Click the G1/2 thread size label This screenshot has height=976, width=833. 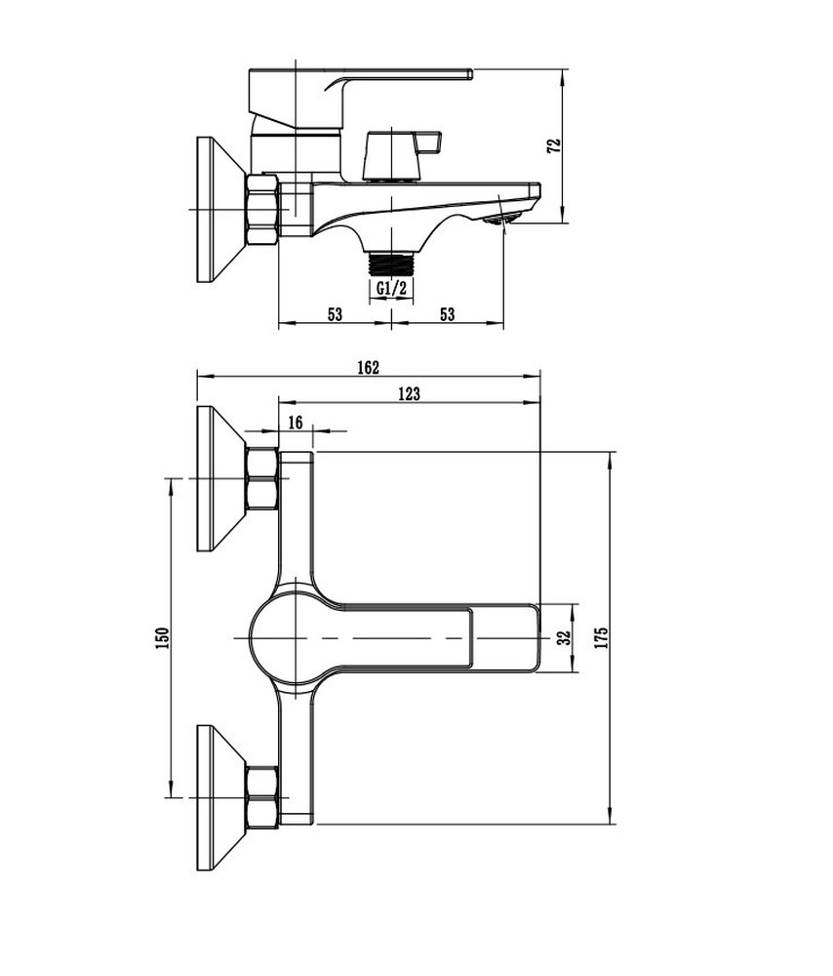tap(392, 288)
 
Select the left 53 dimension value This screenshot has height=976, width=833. tap(335, 313)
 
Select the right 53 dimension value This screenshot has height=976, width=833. tap(448, 313)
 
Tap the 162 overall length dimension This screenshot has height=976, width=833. tap(368, 367)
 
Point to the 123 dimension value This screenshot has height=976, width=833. tap(409, 393)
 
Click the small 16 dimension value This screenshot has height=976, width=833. tap(296, 423)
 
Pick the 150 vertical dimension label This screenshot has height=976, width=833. tap(162, 638)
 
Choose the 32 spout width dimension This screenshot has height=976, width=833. tap(564, 638)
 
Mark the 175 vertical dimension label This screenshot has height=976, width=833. tap(601, 638)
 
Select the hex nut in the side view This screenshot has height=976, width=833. tap(262, 210)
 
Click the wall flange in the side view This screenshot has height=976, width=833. tap(220, 210)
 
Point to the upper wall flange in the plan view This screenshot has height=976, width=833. tap(220, 478)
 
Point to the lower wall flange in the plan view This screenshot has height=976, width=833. tap(220, 797)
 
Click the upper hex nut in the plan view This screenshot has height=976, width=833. tap(262, 478)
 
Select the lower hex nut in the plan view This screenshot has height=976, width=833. tap(262, 797)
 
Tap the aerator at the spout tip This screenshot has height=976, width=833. tap(502, 219)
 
